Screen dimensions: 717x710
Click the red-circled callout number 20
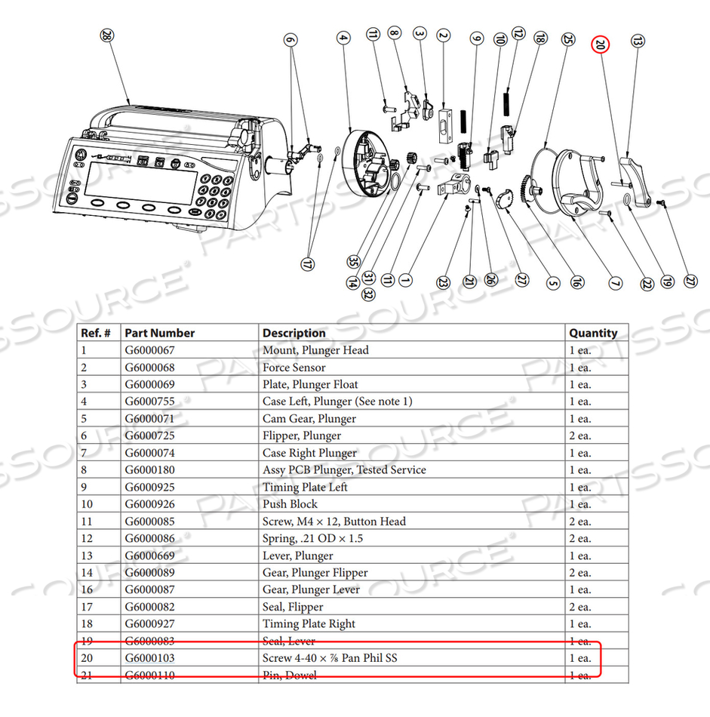pyautogui.click(x=600, y=45)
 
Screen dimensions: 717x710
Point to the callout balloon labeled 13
pyautogui.click(x=638, y=42)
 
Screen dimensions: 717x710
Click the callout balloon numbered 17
pyautogui.click(x=308, y=264)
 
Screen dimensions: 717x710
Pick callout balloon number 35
pyautogui.click(x=353, y=261)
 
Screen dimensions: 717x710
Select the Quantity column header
pyautogui.click(x=593, y=333)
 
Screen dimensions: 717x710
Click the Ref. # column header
pyautogui.click(x=97, y=333)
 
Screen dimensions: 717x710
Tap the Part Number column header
pyautogui.click(x=160, y=333)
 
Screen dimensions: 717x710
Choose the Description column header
pyautogui.click(x=294, y=333)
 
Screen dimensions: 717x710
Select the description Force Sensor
pyautogui.click(x=294, y=368)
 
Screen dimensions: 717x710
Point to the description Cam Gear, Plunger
pyautogui.click(x=309, y=419)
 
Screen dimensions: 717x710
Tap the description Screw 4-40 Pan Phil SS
pyautogui.click(x=330, y=658)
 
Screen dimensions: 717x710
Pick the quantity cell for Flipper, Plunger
pyautogui.click(x=580, y=436)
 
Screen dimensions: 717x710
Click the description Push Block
pyautogui.click(x=290, y=504)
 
